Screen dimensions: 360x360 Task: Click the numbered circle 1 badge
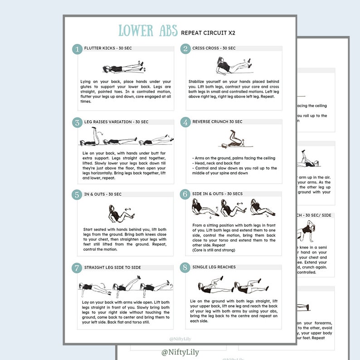pyautogui.click(x=77, y=49)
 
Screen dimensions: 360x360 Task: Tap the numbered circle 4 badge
pyautogui.click(x=185, y=122)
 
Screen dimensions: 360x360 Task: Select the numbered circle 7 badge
pyautogui.click(x=77, y=268)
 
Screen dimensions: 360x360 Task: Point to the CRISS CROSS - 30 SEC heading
pyautogui.click(x=214, y=48)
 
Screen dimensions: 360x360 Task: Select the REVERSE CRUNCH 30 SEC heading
pyautogui.click(x=217, y=122)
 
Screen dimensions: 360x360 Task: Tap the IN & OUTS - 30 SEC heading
pyautogui.click(x=103, y=194)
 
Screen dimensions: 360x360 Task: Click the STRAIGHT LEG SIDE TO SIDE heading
pyautogui.click(x=112, y=268)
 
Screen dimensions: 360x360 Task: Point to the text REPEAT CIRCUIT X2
pyautogui.click(x=208, y=33)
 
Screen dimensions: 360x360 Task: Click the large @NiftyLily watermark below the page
pyautogui.click(x=180, y=352)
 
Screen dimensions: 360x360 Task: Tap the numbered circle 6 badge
pyautogui.click(x=185, y=195)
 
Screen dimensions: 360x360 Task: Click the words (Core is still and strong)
pyautogui.click(x=214, y=250)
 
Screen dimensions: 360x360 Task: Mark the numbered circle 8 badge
pyautogui.click(x=185, y=268)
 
